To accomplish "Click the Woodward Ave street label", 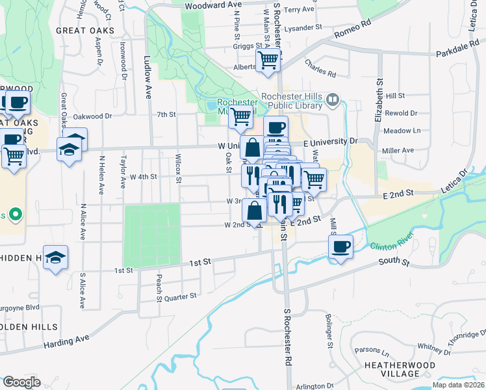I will [x=213, y=5].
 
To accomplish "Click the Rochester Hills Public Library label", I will [x=292, y=101].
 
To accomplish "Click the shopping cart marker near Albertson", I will [x=268, y=60].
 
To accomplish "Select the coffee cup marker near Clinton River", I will [x=340, y=247].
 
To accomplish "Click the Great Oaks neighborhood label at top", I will [x=85, y=30].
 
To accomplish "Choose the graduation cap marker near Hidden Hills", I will [x=56, y=257].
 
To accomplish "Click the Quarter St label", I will [x=180, y=296].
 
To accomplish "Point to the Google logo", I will [x=21, y=382].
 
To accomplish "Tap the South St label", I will [x=396, y=263].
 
